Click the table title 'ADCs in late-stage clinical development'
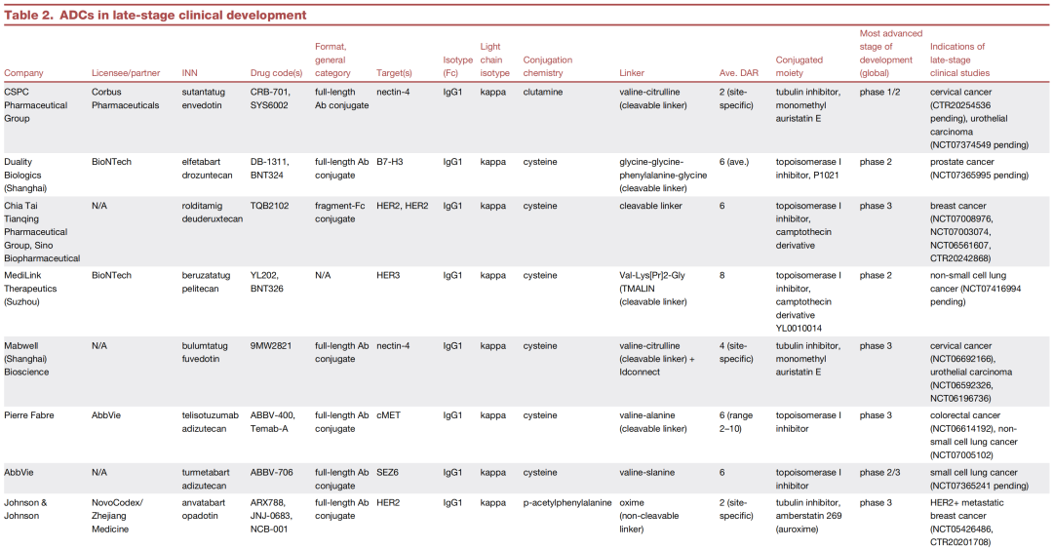[x=182, y=15]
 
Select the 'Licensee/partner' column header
[x=126, y=72]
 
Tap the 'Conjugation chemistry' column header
[x=547, y=66]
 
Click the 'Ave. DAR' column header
[x=739, y=72]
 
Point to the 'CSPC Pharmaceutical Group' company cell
[x=36, y=105]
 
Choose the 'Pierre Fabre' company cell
[x=29, y=415]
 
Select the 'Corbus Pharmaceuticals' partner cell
[x=126, y=98]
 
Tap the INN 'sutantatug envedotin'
[x=204, y=98]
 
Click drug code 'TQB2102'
[x=269, y=206]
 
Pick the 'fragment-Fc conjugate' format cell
[x=340, y=213]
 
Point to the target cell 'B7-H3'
[x=389, y=162]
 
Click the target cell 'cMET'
[x=388, y=415]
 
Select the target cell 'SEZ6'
[x=387, y=472]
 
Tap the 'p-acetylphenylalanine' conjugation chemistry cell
[x=567, y=502]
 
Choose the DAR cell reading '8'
[x=721, y=276]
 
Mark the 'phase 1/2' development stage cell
[x=879, y=92]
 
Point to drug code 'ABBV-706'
[x=271, y=472]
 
